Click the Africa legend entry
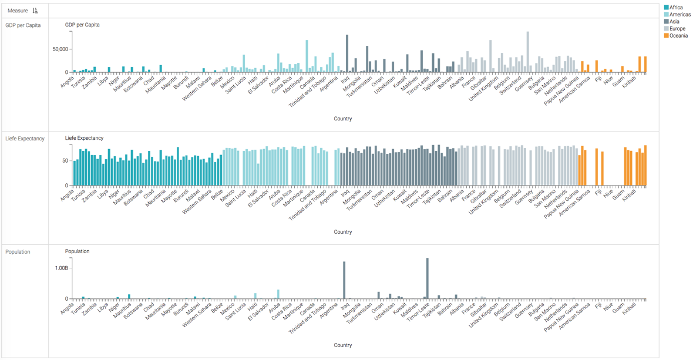675,8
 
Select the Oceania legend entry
678,36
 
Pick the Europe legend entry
677,29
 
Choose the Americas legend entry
679,15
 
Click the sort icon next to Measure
35,11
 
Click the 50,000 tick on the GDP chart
60,49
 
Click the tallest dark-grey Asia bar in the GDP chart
347,53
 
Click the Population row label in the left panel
18,252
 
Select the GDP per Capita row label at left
23,25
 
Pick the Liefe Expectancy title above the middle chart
84,138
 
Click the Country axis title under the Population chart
343,345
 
